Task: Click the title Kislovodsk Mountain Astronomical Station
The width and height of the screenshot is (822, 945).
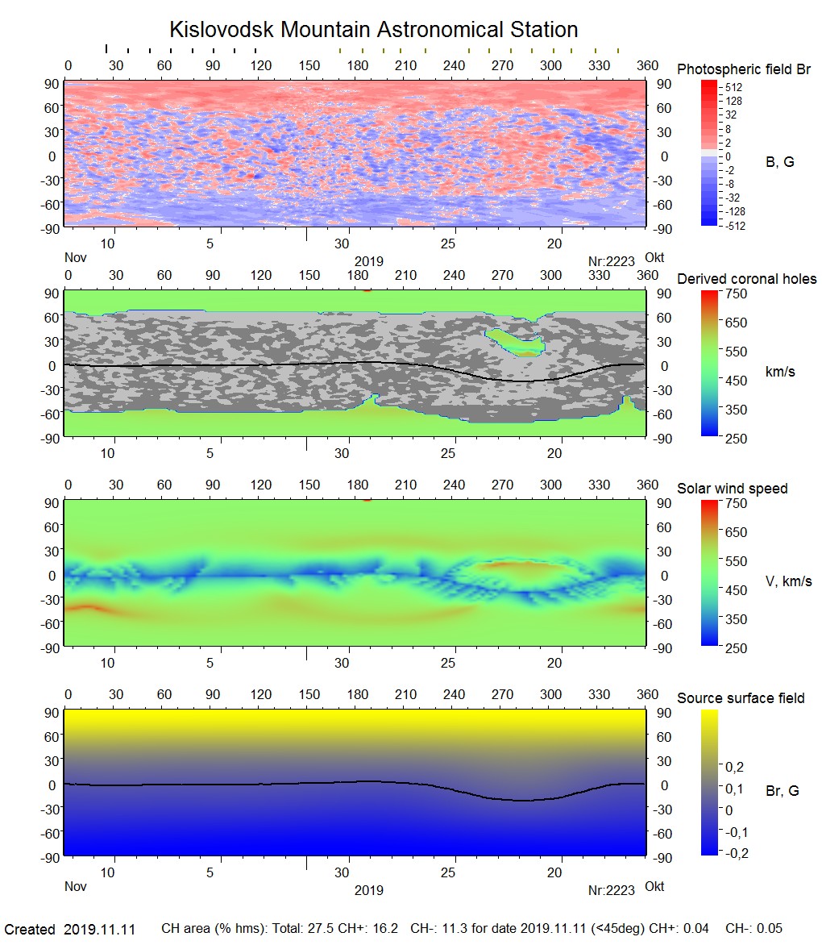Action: pos(373,30)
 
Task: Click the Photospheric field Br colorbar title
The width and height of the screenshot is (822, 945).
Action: pos(744,69)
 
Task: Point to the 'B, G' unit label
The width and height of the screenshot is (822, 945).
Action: pos(779,162)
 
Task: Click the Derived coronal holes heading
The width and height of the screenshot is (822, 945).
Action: pos(746,279)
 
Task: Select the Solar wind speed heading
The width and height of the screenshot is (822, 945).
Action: pos(733,489)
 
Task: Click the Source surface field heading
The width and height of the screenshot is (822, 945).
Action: pos(741,698)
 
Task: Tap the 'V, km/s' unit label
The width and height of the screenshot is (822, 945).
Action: pos(788,581)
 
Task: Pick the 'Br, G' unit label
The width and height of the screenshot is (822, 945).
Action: pos(783,791)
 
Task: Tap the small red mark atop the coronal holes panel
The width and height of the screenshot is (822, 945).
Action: pos(367,290)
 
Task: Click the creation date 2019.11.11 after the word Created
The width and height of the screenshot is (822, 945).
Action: pos(100,930)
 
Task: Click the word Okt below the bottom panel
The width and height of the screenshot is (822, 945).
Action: pos(654,886)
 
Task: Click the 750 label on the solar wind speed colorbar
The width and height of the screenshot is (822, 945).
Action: pos(737,503)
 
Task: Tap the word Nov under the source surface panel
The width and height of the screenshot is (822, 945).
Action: pos(75,886)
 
